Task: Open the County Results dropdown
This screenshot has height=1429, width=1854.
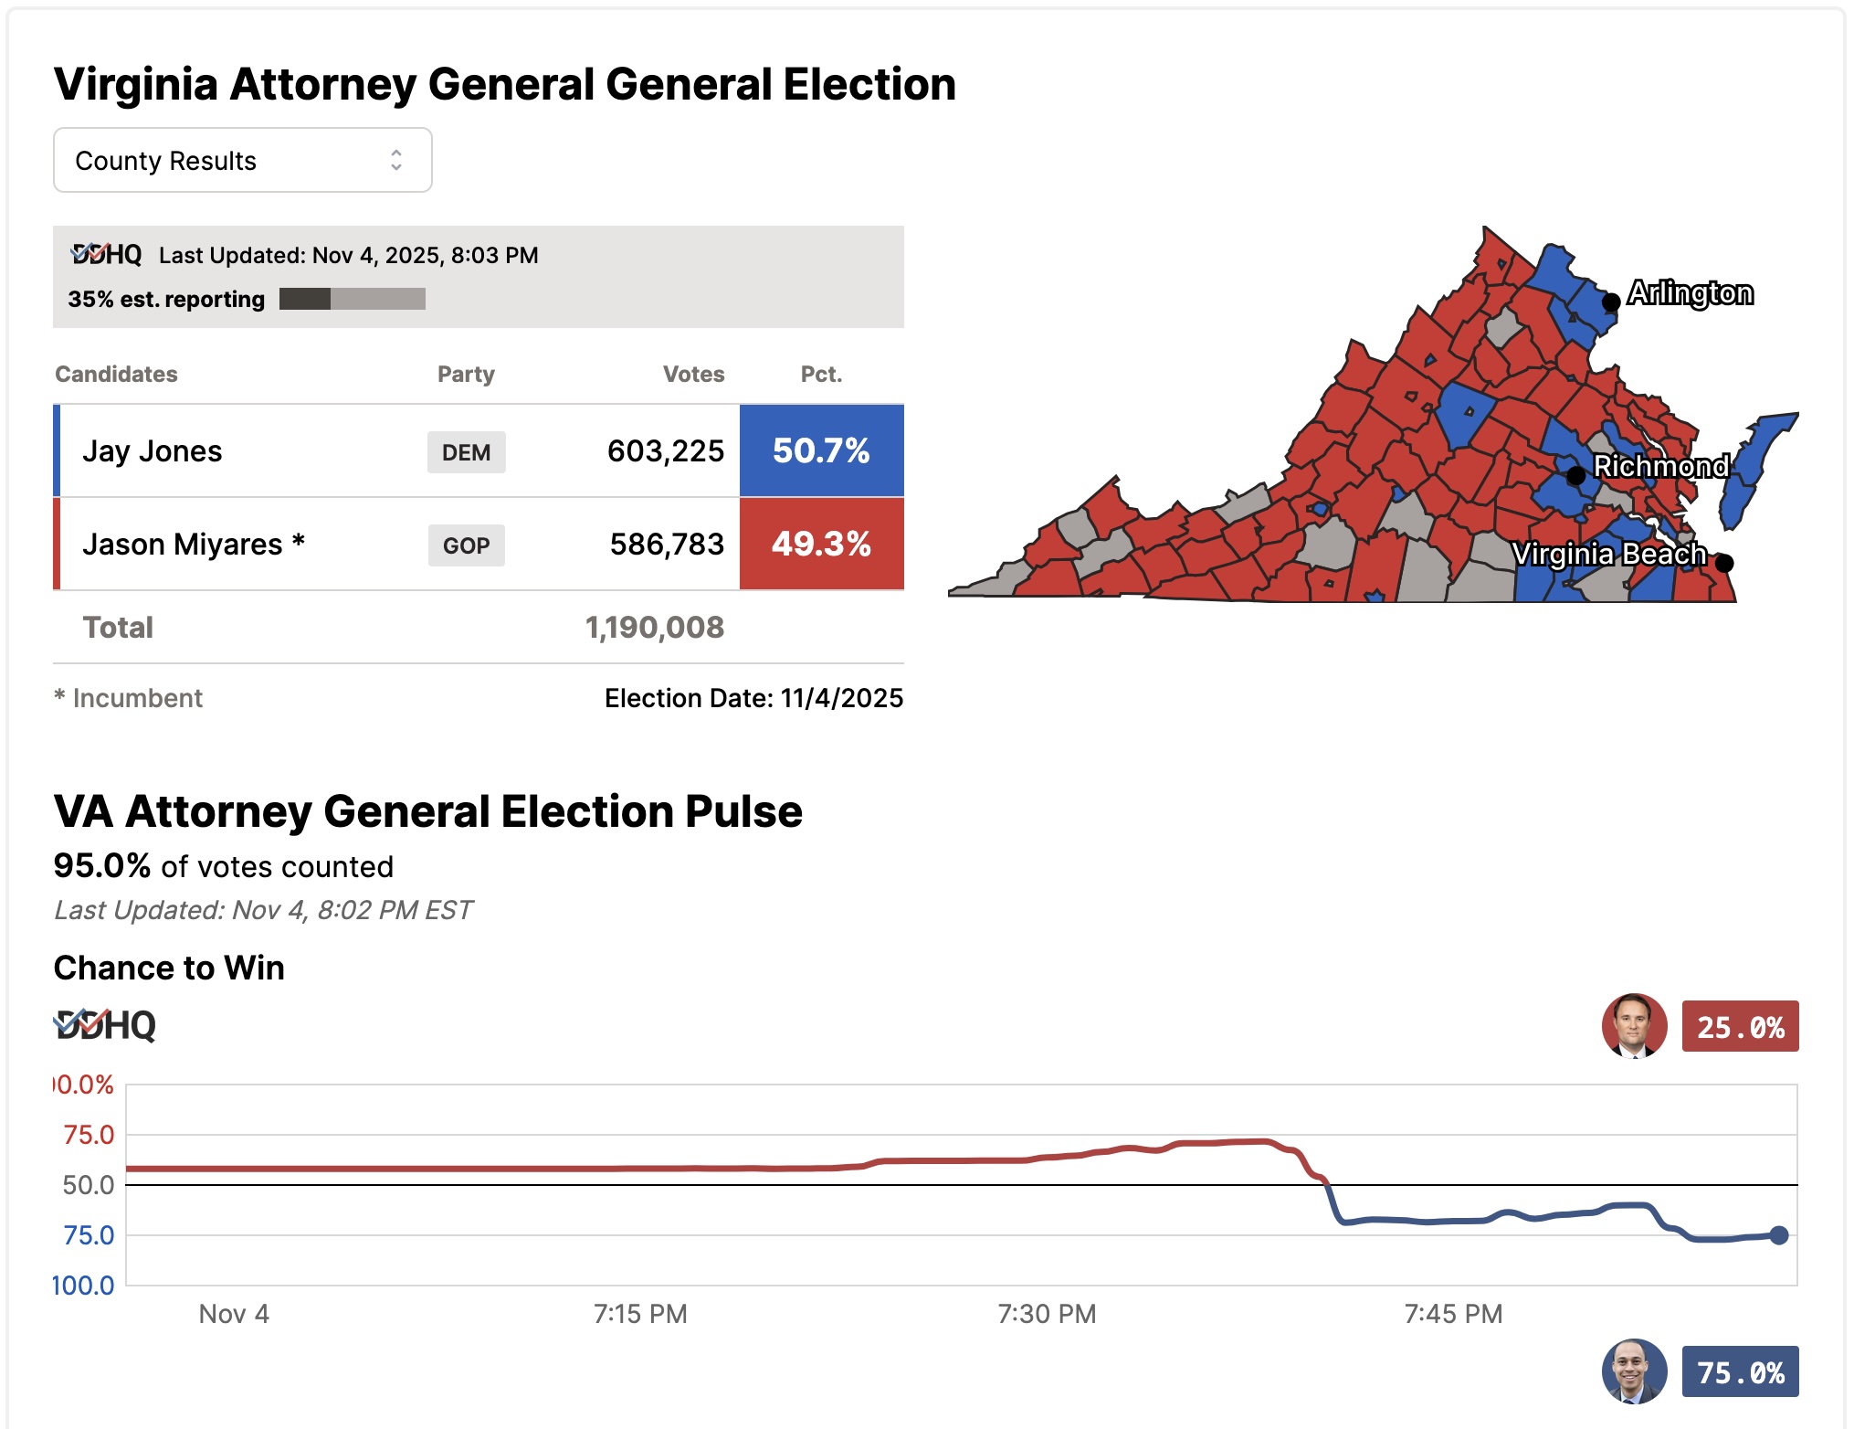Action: point(242,160)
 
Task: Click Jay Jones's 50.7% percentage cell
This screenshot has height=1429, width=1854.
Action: point(821,450)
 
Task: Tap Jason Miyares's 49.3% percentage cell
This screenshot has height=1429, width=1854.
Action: point(821,544)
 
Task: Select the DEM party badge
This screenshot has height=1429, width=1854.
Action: point(466,452)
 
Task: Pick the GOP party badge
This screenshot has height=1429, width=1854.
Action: point(466,545)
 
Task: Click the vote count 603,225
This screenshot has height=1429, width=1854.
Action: point(665,451)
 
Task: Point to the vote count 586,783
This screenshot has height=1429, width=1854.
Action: point(667,545)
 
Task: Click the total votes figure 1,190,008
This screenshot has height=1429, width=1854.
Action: point(654,628)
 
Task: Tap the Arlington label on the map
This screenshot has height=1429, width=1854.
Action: point(1690,293)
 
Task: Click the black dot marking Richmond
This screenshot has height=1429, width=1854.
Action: point(1575,475)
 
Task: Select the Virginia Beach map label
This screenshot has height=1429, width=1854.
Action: point(1608,554)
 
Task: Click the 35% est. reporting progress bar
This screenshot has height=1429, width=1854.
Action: point(352,299)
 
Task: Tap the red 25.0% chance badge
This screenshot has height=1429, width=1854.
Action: point(1740,1027)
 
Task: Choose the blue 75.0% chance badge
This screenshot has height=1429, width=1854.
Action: point(1740,1372)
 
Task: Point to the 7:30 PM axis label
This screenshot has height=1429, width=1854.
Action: point(1047,1314)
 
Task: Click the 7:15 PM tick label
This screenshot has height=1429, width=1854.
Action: point(640,1314)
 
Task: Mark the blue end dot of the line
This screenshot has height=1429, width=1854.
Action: point(1778,1235)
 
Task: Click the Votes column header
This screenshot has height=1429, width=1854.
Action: point(693,374)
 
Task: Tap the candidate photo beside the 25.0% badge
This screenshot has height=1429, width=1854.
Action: point(1634,1026)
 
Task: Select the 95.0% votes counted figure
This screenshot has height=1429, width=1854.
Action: point(101,865)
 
